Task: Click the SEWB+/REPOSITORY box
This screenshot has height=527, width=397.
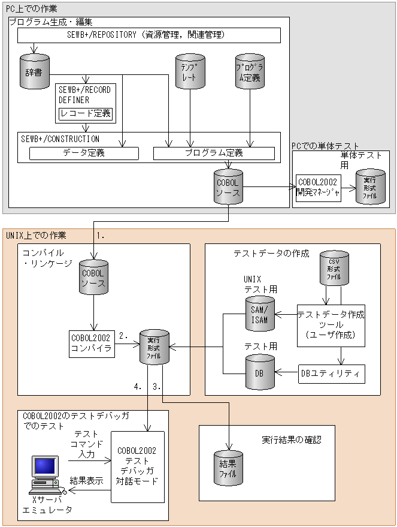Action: [x=149, y=35]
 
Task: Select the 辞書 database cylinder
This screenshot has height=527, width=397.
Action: [x=34, y=71]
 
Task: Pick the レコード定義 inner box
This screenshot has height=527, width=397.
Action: [x=85, y=113]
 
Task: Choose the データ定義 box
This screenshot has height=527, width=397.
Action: [x=84, y=153]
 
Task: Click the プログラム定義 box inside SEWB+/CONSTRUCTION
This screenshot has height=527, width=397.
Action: [x=214, y=153]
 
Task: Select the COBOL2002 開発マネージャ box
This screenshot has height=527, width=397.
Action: [x=318, y=187]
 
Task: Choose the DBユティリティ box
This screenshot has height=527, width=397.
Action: [x=331, y=374]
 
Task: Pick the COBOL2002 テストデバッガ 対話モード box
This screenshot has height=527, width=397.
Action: [x=137, y=466]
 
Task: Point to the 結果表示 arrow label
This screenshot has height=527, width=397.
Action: [x=87, y=481]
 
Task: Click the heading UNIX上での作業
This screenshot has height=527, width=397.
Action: [x=36, y=236]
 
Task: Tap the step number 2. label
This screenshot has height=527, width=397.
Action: [x=125, y=336]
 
